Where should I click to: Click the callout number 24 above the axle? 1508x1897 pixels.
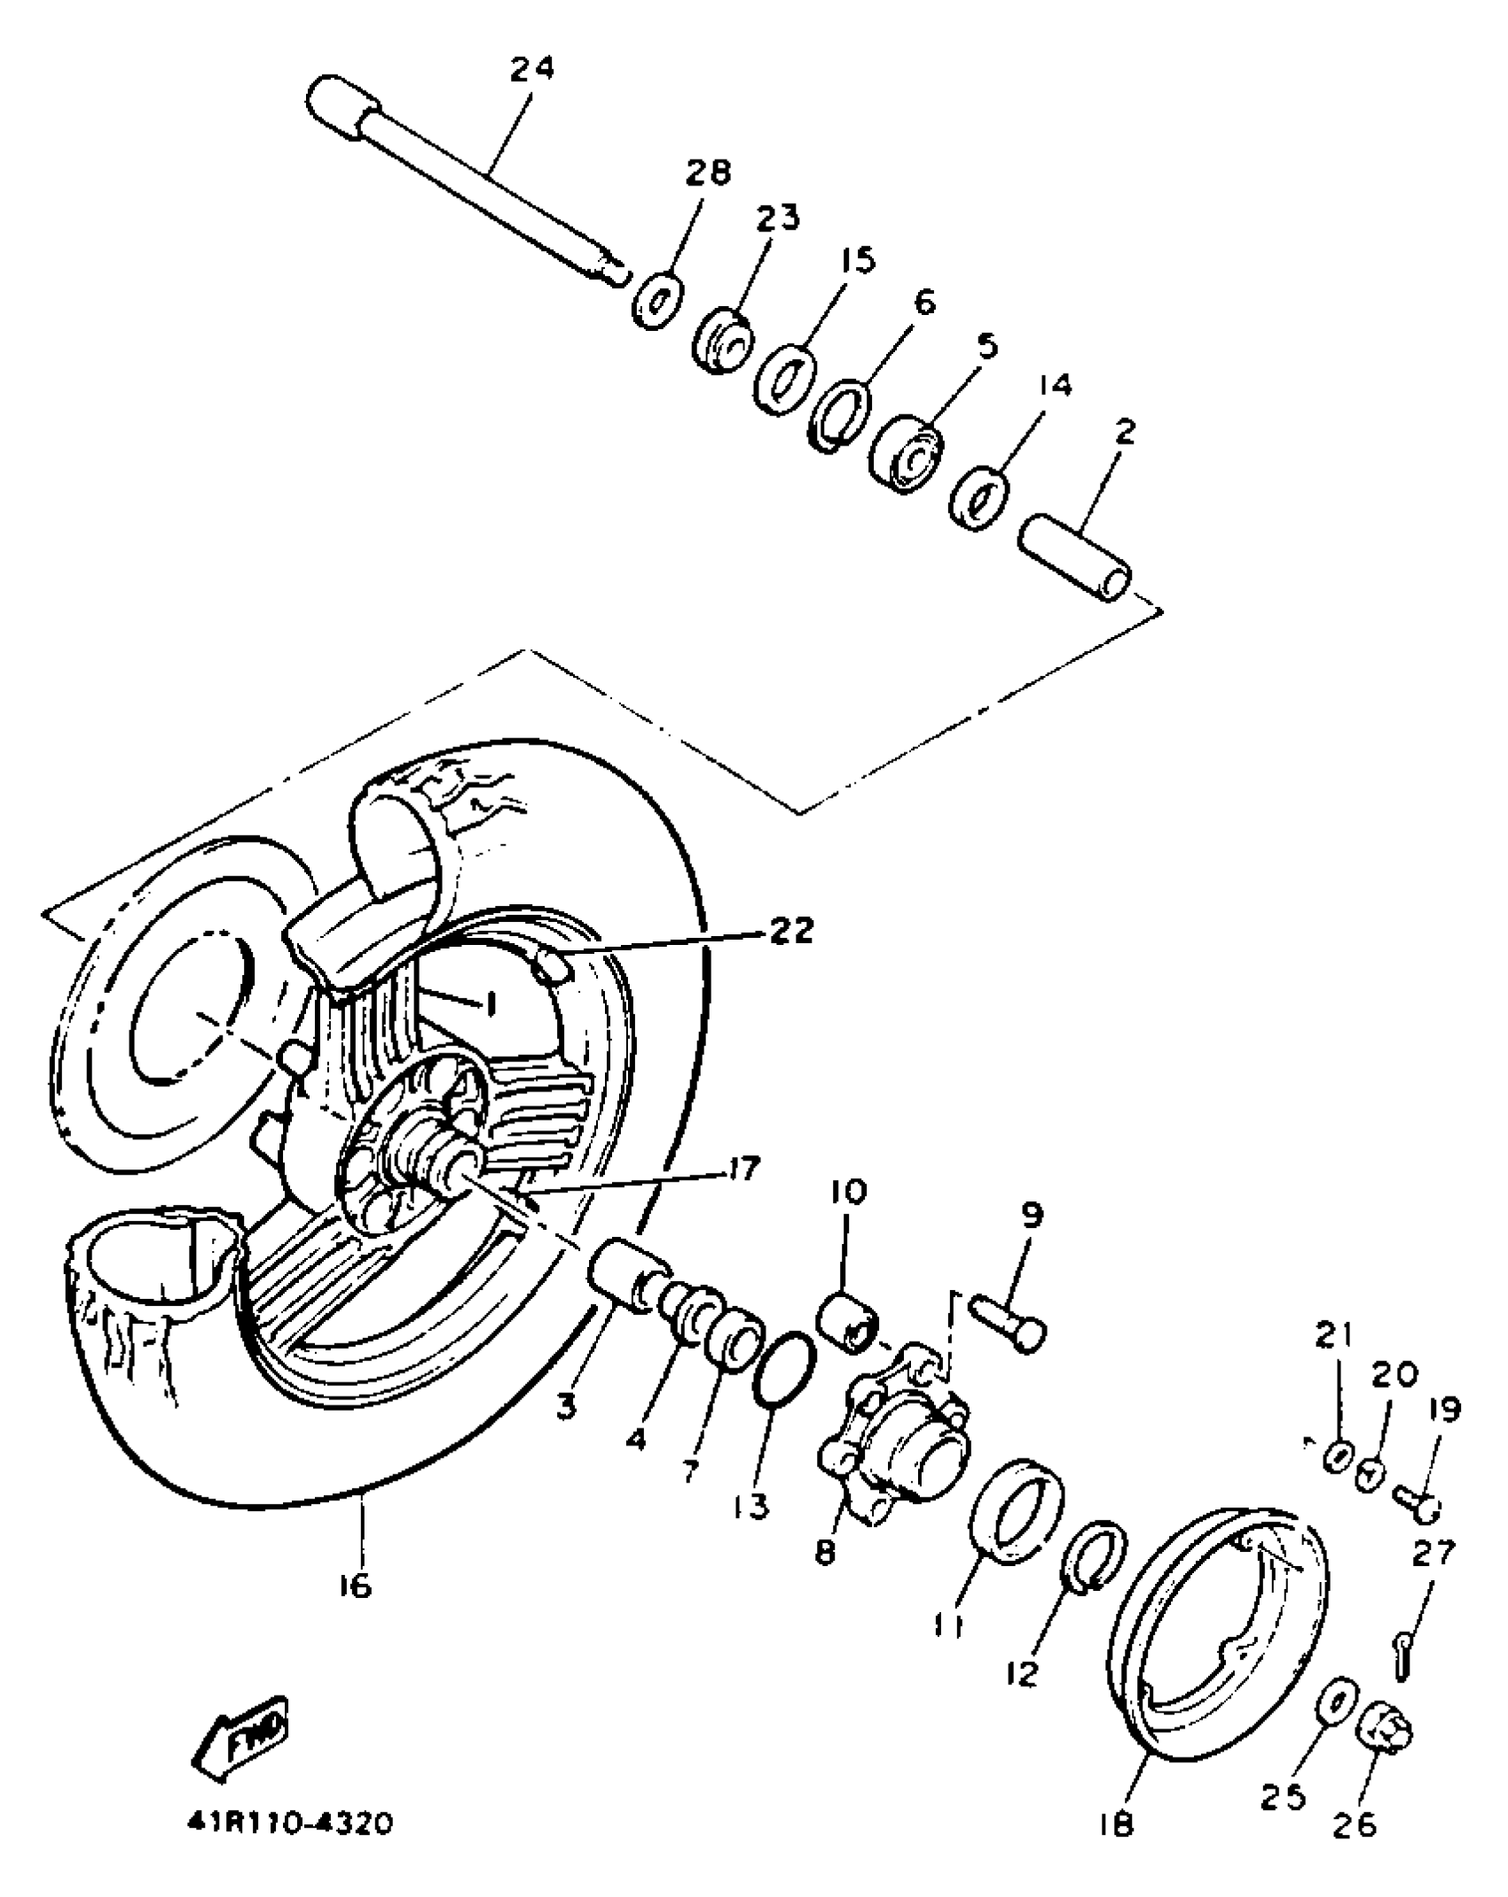tap(532, 68)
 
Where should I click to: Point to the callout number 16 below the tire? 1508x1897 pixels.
tap(355, 1585)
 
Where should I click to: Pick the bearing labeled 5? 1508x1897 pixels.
tap(907, 453)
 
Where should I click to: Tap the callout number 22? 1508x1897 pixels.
tap(789, 931)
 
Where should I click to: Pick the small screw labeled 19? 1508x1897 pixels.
tap(1416, 1499)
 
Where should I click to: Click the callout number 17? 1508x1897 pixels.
tap(741, 1169)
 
